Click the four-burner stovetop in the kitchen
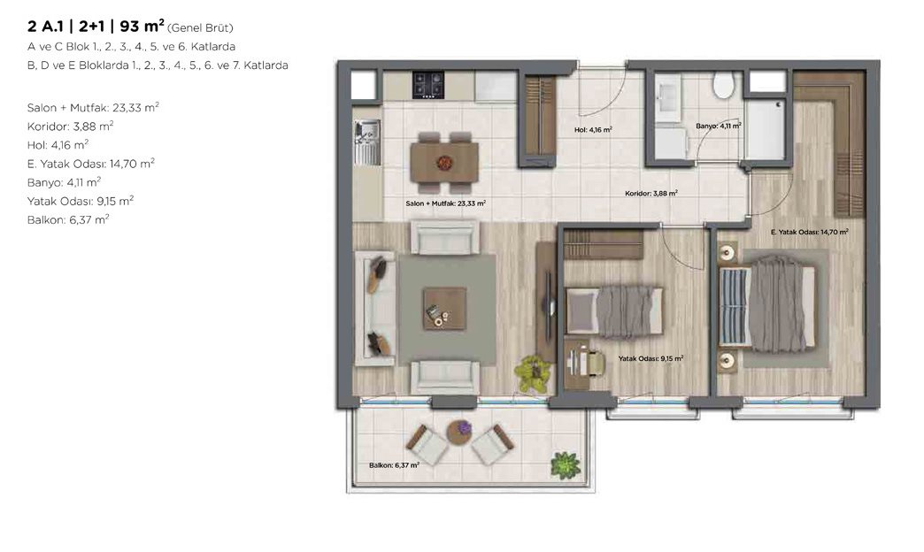point(427,84)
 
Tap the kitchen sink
point(367,142)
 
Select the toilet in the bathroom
point(723,85)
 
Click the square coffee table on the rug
point(444,308)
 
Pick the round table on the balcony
point(459,433)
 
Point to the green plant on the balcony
point(566,464)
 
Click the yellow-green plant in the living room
point(533,373)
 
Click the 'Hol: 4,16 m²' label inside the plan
point(593,130)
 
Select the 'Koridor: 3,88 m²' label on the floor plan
point(651,193)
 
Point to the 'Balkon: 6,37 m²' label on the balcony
point(394,464)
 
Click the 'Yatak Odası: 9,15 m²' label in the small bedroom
point(651,358)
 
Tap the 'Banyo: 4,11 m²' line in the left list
point(64,182)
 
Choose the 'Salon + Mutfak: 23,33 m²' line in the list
point(93,108)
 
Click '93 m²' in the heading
point(142,27)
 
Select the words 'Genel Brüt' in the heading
point(200,27)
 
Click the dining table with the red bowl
point(444,163)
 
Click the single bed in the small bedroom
point(613,311)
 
